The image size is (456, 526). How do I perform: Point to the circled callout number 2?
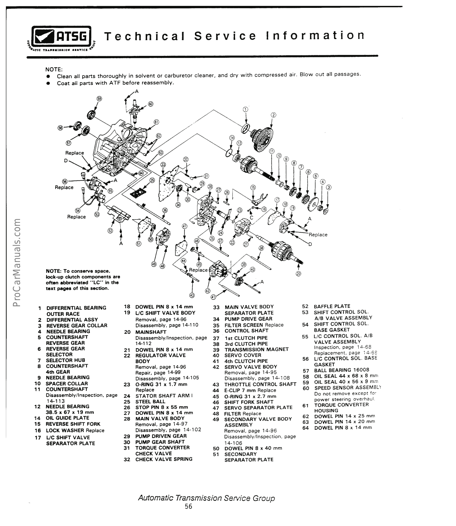(x=273, y=115)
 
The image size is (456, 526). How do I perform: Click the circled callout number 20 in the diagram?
(x=298, y=274)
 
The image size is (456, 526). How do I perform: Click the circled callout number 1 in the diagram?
(x=245, y=109)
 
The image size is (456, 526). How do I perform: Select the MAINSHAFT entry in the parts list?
(x=151, y=332)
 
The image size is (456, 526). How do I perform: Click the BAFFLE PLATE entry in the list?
(x=332, y=306)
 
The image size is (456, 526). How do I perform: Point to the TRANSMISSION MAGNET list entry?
(x=256, y=349)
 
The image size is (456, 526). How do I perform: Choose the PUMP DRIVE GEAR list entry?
(x=248, y=319)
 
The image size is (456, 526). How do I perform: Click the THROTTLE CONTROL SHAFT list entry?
(x=260, y=384)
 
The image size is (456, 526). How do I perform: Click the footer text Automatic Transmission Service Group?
(x=206, y=498)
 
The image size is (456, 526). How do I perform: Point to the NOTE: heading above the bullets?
(x=54, y=69)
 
